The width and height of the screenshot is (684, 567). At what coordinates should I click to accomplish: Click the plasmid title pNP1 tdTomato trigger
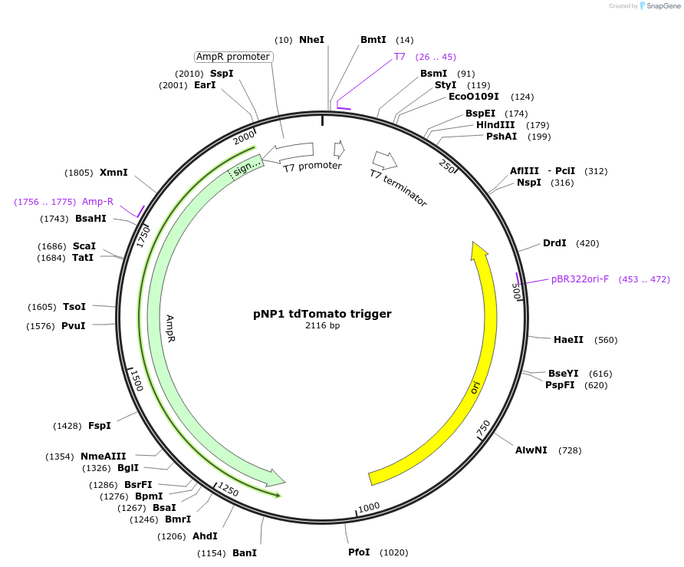(322, 314)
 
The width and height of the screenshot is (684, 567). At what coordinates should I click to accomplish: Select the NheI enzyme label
(311, 39)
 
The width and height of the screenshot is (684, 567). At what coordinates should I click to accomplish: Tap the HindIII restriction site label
(491, 125)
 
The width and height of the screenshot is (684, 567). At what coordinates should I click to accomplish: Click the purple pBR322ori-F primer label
(580, 279)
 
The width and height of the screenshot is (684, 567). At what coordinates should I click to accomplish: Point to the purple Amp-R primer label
(97, 202)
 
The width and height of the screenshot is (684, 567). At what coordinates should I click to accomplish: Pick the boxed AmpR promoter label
(233, 57)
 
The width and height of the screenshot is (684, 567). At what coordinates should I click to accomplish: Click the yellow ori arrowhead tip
(477, 246)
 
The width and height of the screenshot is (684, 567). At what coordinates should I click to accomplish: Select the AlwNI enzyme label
(531, 450)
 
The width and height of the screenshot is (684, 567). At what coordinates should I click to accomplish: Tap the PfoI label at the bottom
(359, 552)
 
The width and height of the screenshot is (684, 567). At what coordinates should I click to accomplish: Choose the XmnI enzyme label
(113, 173)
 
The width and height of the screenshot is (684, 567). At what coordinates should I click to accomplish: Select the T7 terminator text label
(398, 188)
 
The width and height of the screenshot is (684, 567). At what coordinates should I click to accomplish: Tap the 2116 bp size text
(322, 326)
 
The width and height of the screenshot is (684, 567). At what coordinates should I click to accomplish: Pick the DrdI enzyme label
(554, 243)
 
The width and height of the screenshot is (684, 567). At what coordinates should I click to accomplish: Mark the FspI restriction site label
(100, 426)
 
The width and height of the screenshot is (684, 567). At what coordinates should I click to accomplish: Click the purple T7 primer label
(400, 57)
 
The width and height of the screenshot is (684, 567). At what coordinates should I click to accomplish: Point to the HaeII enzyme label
(568, 340)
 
